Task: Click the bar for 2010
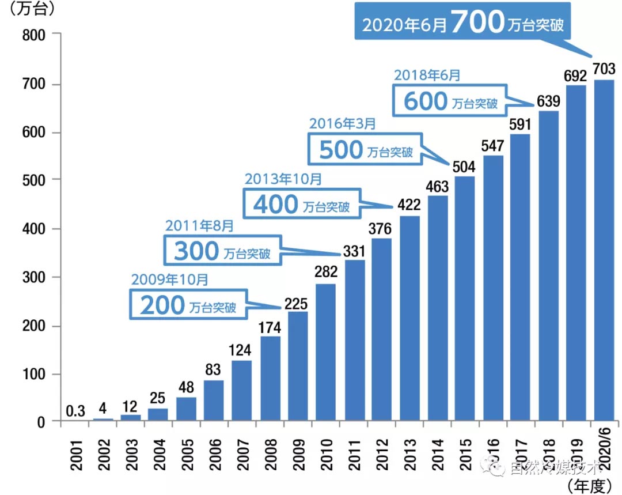tap(325, 353)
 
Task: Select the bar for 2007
tap(242, 392)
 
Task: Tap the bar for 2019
tap(576, 254)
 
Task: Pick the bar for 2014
tap(438, 309)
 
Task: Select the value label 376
tap(382, 229)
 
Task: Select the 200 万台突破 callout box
tap(187, 305)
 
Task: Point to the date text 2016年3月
tap(343, 123)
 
